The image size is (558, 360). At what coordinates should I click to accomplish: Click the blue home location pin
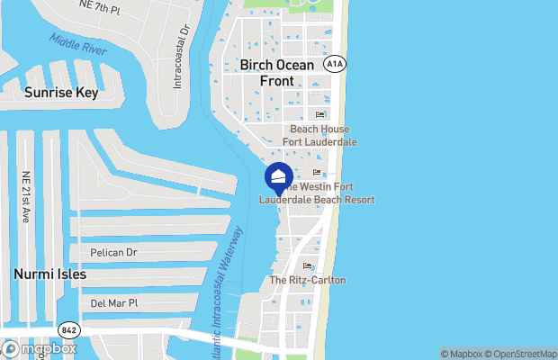click(x=278, y=177)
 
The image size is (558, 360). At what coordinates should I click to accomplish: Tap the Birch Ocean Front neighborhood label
click(x=277, y=73)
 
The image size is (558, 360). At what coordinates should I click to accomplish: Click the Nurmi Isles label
click(x=50, y=274)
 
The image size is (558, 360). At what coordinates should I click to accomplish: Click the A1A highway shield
click(x=335, y=63)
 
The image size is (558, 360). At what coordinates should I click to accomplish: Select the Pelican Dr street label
click(x=113, y=253)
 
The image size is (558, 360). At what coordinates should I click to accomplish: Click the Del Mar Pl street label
click(x=112, y=303)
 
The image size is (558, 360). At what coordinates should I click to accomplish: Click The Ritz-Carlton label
click(x=308, y=281)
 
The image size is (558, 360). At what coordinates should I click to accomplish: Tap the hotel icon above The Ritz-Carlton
click(x=308, y=266)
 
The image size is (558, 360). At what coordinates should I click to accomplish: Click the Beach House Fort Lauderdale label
click(x=319, y=136)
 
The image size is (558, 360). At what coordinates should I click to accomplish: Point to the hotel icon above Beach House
click(x=319, y=115)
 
